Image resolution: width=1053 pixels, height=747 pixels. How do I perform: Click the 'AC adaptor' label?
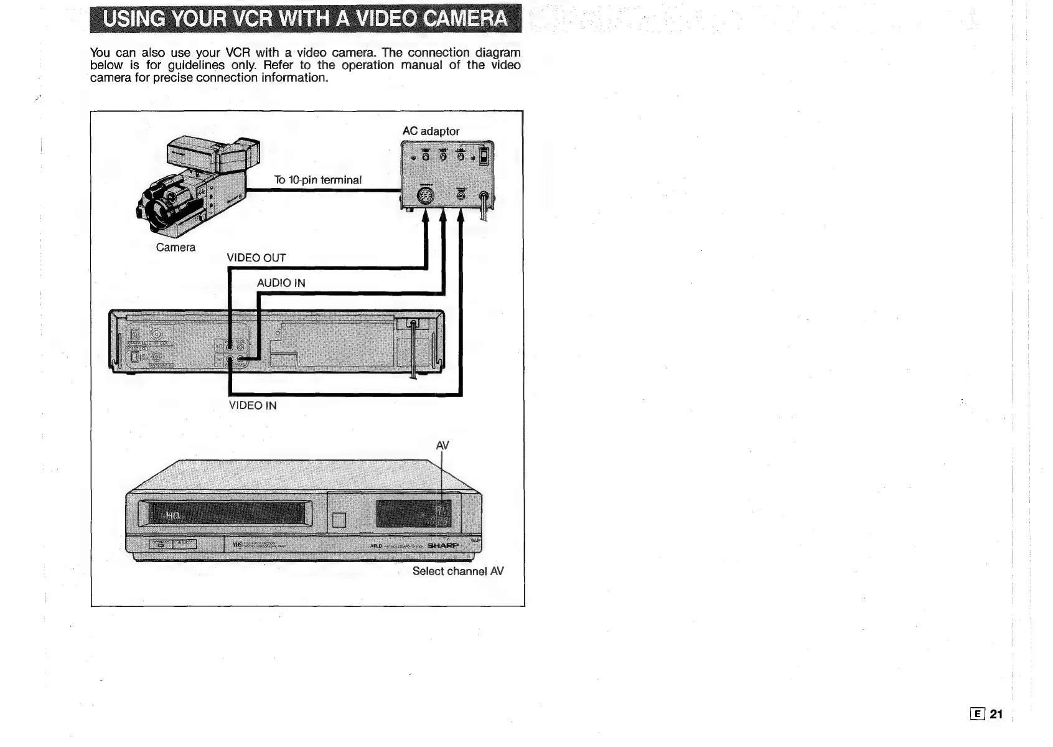(431, 131)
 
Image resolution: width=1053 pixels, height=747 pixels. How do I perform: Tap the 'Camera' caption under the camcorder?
(175, 248)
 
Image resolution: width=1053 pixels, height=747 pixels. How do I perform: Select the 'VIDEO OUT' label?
(256, 258)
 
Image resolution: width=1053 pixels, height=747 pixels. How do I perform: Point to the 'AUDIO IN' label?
(281, 283)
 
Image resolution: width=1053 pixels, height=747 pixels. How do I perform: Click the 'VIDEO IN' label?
(253, 406)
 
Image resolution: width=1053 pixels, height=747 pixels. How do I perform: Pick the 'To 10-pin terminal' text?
(317, 181)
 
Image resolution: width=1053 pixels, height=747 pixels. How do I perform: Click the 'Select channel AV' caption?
(458, 571)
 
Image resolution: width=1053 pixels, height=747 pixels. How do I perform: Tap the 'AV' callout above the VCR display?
(442, 446)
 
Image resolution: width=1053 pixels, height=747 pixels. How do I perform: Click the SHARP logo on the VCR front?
(443, 546)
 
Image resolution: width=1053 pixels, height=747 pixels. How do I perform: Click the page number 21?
(996, 715)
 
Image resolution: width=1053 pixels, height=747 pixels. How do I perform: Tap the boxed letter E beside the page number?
(978, 715)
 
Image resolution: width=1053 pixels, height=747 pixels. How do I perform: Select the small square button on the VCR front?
(339, 520)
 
